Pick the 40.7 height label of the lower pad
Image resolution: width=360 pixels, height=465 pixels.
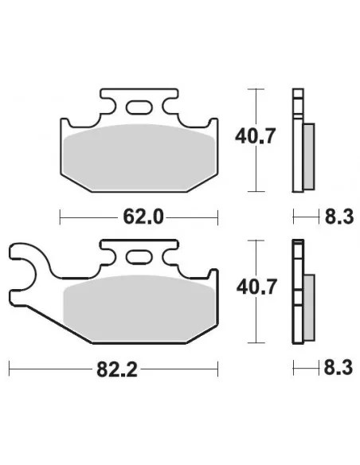255,287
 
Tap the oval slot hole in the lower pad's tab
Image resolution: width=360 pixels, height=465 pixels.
141,256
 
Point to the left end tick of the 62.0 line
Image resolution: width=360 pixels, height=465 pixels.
61,217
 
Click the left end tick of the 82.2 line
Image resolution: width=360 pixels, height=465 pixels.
9,369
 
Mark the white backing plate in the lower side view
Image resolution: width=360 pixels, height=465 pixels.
298,295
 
